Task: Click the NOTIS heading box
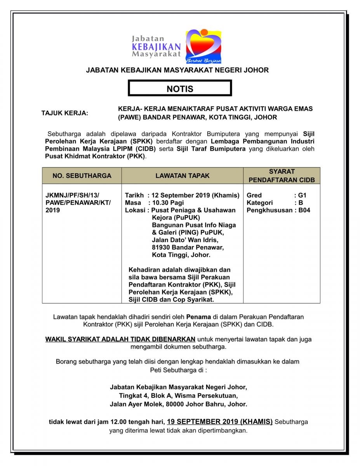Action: (x=180, y=89)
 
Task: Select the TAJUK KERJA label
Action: (x=65, y=113)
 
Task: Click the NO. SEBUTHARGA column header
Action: (x=82, y=176)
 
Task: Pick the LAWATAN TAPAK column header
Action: (x=182, y=176)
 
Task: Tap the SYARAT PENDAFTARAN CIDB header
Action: (x=282, y=176)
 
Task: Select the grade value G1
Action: (x=303, y=195)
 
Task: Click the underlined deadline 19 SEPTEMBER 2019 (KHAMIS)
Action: (x=219, y=421)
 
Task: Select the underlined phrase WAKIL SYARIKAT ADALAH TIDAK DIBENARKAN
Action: (x=120, y=339)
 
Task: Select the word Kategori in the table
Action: (x=260, y=203)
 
